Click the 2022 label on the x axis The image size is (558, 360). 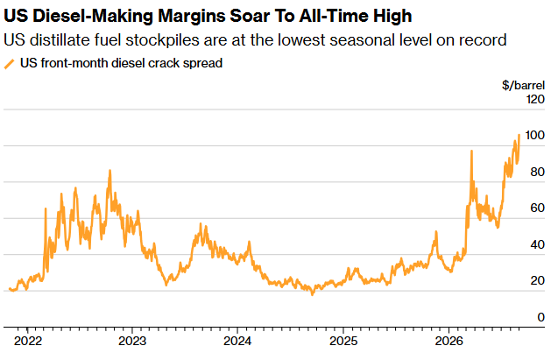pyautogui.click(x=28, y=341)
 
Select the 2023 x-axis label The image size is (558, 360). pyautogui.click(x=132, y=341)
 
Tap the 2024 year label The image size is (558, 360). pyautogui.click(x=237, y=341)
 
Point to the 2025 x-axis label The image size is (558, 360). pyautogui.click(x=343, y=341)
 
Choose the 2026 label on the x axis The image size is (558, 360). pyautogui.click(x=449, y=341)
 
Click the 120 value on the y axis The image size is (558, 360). pyautogui.click(x=535, y=99)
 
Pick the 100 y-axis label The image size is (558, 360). pyautogui.click(x=535, y=135)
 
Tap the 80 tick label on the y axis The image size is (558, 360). pyautogui.click(x=537, y=172)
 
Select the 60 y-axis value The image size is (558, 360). pyautogui.click(x=537, y=208)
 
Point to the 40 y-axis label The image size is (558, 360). pyautogui.click(x=537, y=244)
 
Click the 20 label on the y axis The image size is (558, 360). pyautogui.click(x=537, y=280)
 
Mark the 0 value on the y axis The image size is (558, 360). pyautogui.click(x=541, y=317)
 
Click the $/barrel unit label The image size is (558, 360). pyautogui.click(x=523, y=85)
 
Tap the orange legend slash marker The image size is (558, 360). pyautogui.click(x=10, y=64)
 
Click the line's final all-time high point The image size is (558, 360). pyautogui.click(x=519, y=135)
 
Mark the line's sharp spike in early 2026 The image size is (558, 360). pyautogui.click(x=471, y=151)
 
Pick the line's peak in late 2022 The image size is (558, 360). pyautogui.click(x=110, y=171)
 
